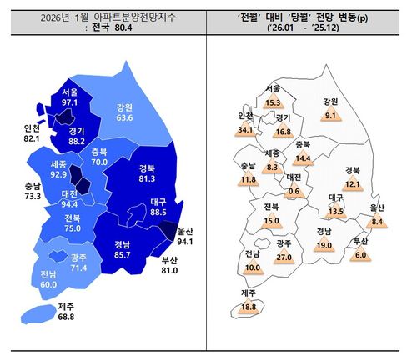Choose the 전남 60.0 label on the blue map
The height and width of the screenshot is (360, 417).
[x=50, y=277]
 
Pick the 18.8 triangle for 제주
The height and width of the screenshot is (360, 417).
[x=249, y=306]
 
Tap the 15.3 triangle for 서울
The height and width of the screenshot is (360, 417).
[x=273, y=102]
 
